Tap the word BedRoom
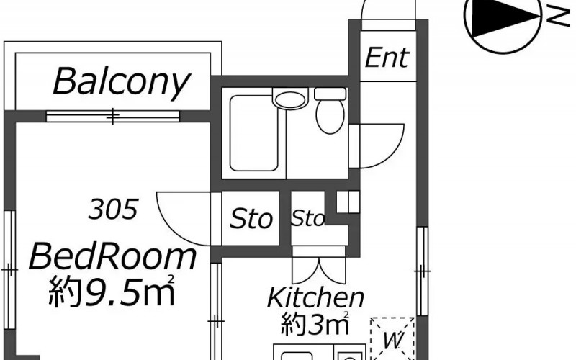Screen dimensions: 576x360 [112, 256]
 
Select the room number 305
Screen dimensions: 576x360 [113, 209]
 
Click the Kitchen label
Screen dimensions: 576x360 [315, 297]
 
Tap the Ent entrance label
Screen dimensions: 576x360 [387, 58]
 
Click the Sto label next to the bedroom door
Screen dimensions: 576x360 [251, 219]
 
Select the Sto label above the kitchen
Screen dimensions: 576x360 [308, 218]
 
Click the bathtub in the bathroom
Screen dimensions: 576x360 [254, 133]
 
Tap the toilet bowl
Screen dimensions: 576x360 [330, 117]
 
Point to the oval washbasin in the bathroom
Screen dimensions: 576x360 [290, 99]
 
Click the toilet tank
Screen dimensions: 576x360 [330, 94]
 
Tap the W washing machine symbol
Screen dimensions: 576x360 [393, 340]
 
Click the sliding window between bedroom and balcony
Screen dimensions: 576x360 [113, 116]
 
